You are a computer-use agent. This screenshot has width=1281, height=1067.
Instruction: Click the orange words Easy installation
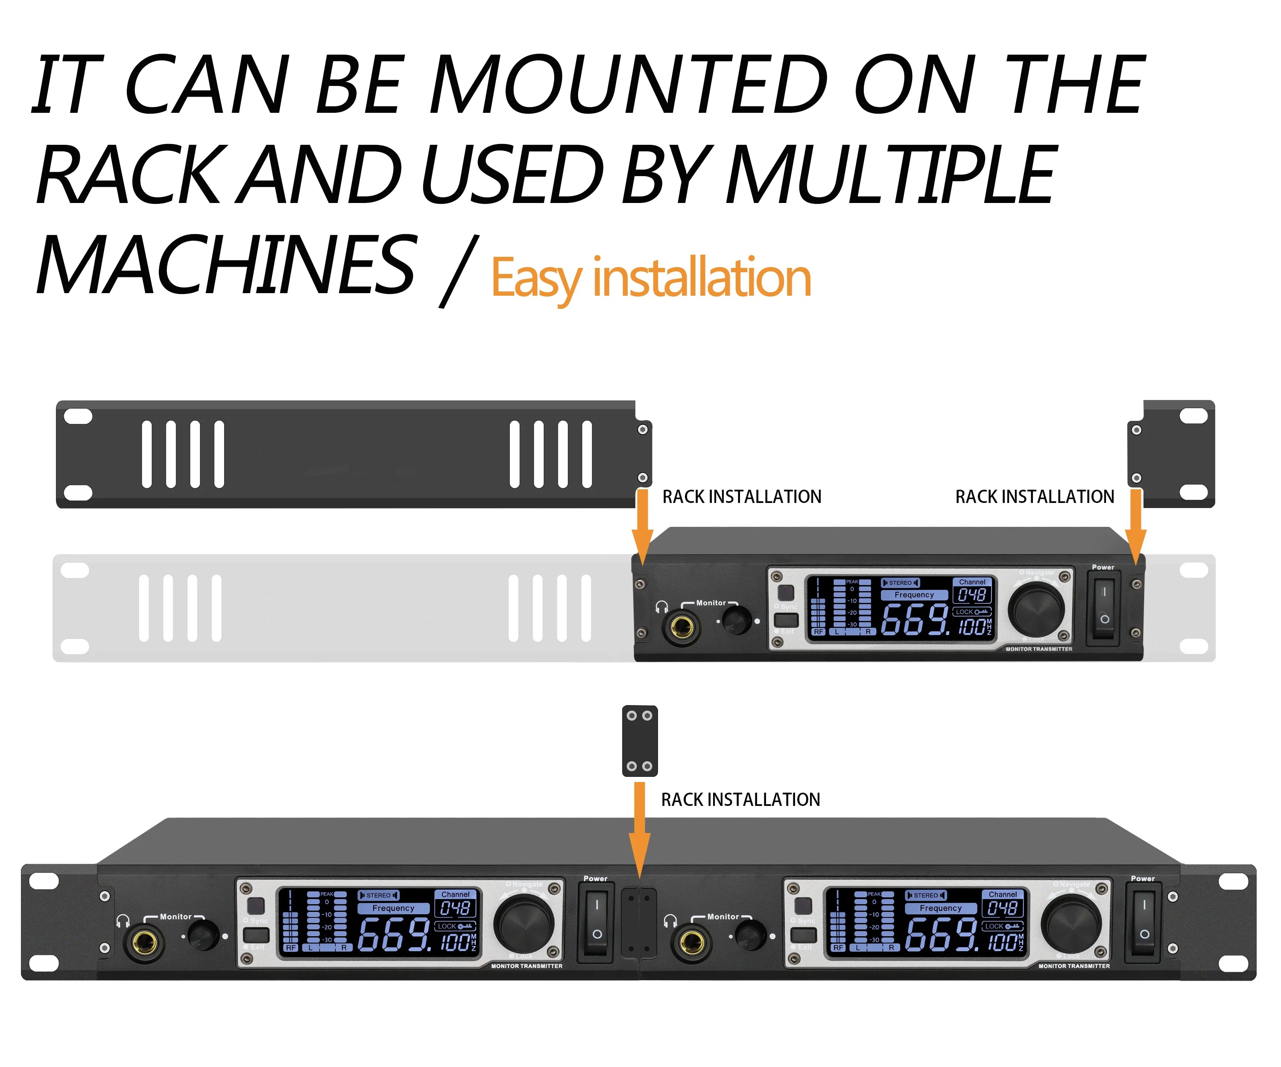coord(650,278)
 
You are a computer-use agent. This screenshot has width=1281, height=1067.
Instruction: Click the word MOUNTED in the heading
coord(628,85)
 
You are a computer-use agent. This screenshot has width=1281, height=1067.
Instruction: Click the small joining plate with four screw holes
coord(639,741)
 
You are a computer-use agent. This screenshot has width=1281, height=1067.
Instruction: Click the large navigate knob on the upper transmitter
coord(1036,608)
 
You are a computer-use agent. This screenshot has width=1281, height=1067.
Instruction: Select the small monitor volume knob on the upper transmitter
coord(736,621)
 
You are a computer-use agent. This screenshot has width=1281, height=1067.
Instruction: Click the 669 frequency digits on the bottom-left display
coord(393,935)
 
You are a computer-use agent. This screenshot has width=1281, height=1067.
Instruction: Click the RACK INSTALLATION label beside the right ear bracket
coord(1035,497)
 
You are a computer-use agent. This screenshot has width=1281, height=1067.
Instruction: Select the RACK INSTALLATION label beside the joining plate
coord(740,800)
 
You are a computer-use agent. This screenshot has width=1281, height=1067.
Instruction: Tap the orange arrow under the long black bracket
coord(642,525)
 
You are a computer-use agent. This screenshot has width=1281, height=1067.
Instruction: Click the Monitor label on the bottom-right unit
coord(723,916)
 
